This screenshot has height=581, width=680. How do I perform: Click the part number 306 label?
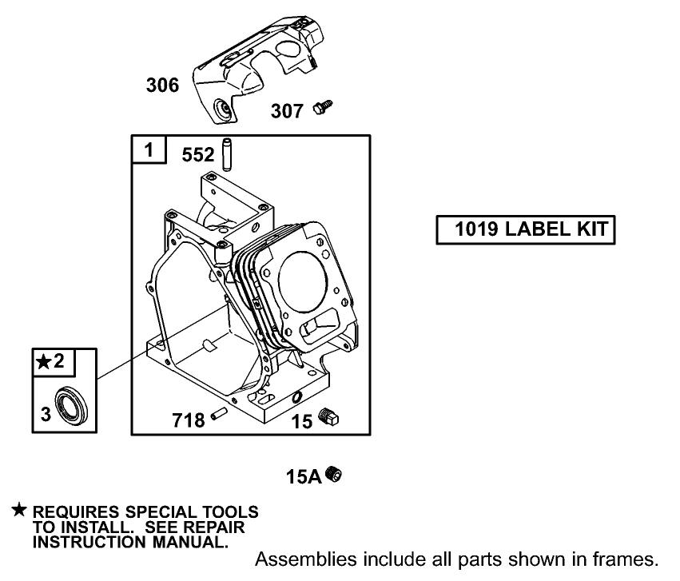point(162,86)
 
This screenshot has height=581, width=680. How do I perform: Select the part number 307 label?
point(287,110)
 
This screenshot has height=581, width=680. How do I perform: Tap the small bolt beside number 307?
point(324,106)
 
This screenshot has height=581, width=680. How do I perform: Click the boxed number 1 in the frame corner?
point(149,149)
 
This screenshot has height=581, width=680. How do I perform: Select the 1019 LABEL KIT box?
point(526,230)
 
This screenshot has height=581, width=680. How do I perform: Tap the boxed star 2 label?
point(54,362)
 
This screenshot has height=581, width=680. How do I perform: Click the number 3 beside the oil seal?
point(45,412)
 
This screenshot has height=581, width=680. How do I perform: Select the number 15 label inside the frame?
point(301,421)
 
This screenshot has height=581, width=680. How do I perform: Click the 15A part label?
point(303,478)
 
